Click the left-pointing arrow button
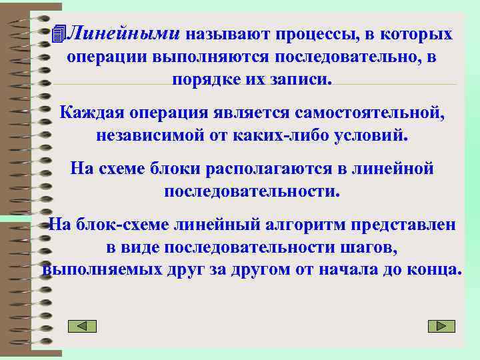click(x=83, y=326)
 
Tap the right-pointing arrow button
click(x=441, y=326)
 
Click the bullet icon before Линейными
click(x=61, y=33)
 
